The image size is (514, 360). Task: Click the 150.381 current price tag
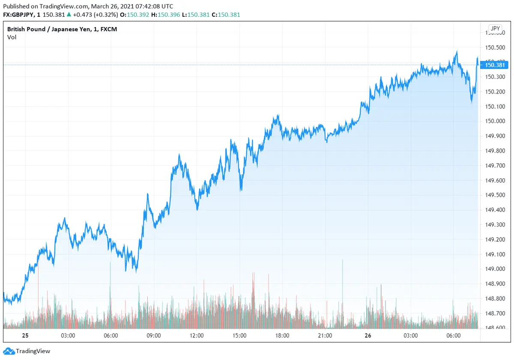(495, 65)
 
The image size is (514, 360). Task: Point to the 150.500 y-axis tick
(495, 48)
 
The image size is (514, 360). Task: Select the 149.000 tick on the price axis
(495, 269)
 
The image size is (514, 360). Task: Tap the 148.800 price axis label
(495, 299)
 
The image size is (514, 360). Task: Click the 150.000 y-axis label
(495, 121)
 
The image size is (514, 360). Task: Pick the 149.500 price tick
(495, 195)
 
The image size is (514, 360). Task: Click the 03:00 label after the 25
(68, 336)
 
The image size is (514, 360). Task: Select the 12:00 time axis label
(197, 336)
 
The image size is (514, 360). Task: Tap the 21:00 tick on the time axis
(325, 336)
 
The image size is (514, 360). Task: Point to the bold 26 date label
(368, 336)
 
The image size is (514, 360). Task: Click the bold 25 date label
(25, 336)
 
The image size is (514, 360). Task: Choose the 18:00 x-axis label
(282, 336)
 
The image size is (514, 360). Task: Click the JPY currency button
(495, 29)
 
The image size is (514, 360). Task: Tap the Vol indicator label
(12, 37)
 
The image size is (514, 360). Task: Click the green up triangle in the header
(69, 15)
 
